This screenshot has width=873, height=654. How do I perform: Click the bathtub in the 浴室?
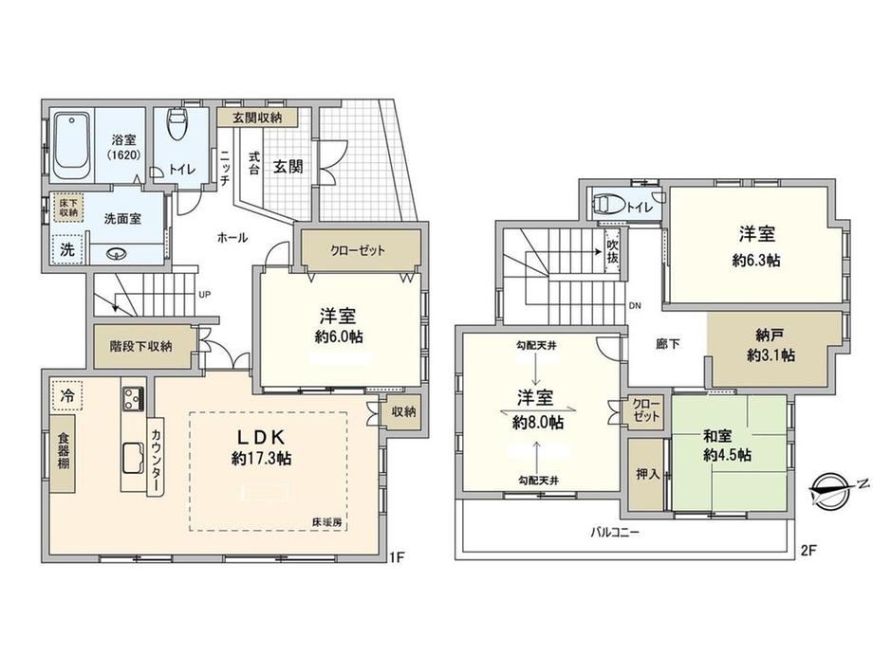72,146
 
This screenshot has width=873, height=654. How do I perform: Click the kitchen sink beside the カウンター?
133,457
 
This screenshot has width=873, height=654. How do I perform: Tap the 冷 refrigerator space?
66,395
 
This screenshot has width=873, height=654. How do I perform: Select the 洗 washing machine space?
66,249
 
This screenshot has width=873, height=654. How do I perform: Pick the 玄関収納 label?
257,118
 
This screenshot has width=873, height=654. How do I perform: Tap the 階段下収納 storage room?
141,347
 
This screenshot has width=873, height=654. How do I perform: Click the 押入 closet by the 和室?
647,474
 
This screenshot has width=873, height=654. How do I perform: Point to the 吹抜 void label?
612,251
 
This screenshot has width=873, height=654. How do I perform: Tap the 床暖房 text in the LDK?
326,523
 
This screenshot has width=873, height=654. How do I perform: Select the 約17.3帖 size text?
262,458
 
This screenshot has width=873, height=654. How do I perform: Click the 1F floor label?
396,556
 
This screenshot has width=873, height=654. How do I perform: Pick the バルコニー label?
615,533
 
